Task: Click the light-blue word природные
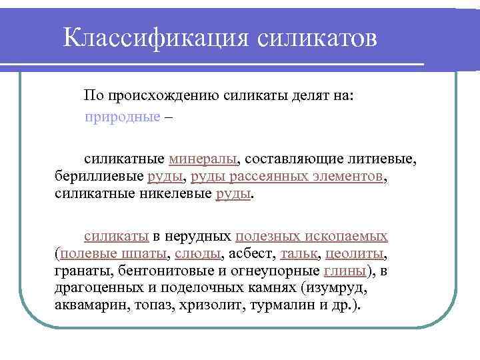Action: click(x=122, y=117)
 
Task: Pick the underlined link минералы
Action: click(x=203, y=159)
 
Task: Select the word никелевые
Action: click(x=177, y=194)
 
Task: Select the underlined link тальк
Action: click(x=300, y=254)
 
